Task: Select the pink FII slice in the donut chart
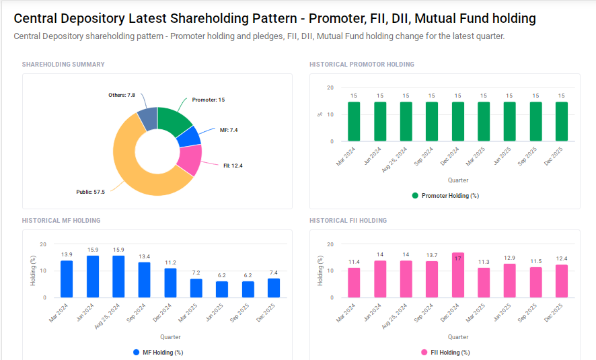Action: [x=190, y=159]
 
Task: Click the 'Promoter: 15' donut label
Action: [x=208, y=100]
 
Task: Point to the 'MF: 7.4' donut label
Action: [x=229, y=130]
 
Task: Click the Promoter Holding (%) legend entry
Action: [x=445, y=196]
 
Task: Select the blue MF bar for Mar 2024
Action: [x=67, y=279]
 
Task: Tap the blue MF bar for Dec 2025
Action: [x=274, y=288]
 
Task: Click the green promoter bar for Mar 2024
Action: [x=354, y=122]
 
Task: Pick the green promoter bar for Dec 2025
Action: [x=562, y=122]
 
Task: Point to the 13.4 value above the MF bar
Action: [x=145, y=256]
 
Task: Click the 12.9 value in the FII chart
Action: [x=510, y=258]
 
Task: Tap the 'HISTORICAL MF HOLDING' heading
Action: [x=61, y=221]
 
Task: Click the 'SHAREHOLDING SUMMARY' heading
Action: [x=63, y=65]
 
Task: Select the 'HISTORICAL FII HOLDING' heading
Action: [x=348, y=221]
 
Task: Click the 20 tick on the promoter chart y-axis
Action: [x=330, y=87]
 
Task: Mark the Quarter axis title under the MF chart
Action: [x=170, y=337]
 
